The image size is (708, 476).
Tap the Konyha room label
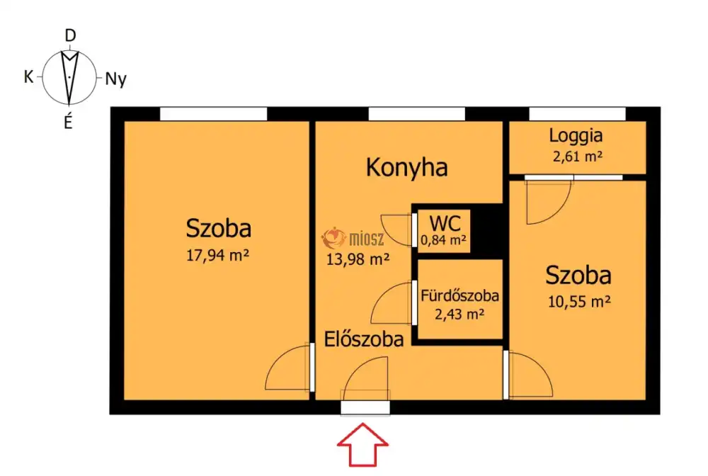(x=407, y=168)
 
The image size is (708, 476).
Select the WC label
(x=445, y=223)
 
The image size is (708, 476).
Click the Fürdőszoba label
(x=459, y=296)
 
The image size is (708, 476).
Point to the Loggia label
(x=576, y=135)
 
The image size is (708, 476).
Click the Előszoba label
(x=364, y=339)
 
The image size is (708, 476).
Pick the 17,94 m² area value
(x=217, y=256)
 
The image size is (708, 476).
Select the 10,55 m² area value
(x=579, y=301)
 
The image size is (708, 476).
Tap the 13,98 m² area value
(x=358, y=259)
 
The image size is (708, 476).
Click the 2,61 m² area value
(x=578, y=157)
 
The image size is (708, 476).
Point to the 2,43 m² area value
(x=459, y=314)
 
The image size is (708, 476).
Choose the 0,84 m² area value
(x=443, y=240)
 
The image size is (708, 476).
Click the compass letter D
(x=70, y=35)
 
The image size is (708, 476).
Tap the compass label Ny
(x=115, y=79)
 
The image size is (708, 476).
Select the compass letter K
(x=28, y=76)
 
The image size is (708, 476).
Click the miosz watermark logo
(x=353, y=238)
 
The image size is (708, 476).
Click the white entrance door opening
(x=365, y=408)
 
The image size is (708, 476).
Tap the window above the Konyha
(x=417, y=114)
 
